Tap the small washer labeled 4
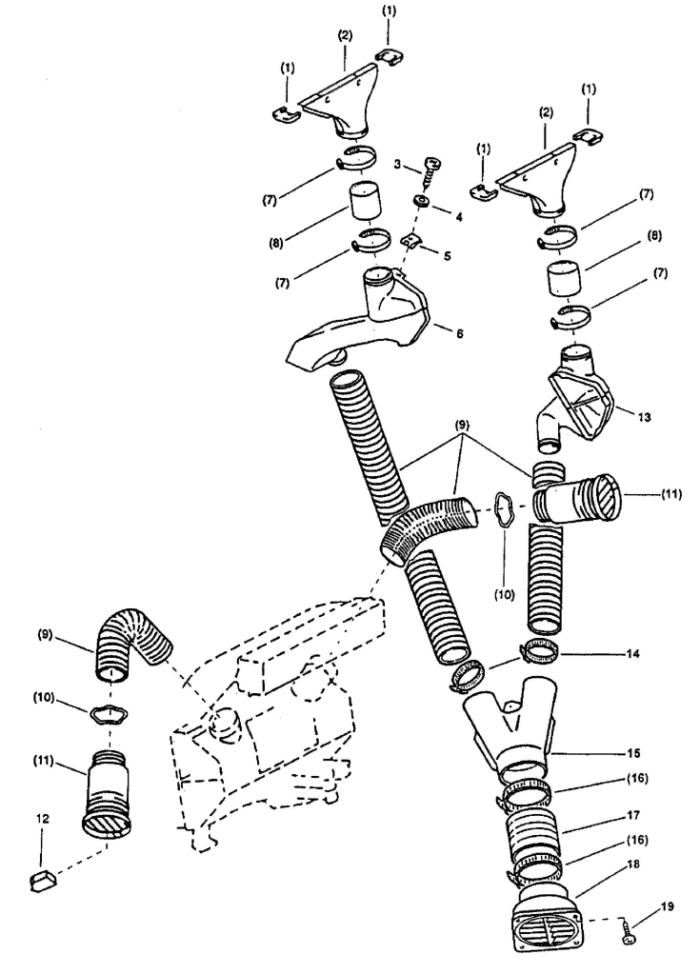tap(419, 202)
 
